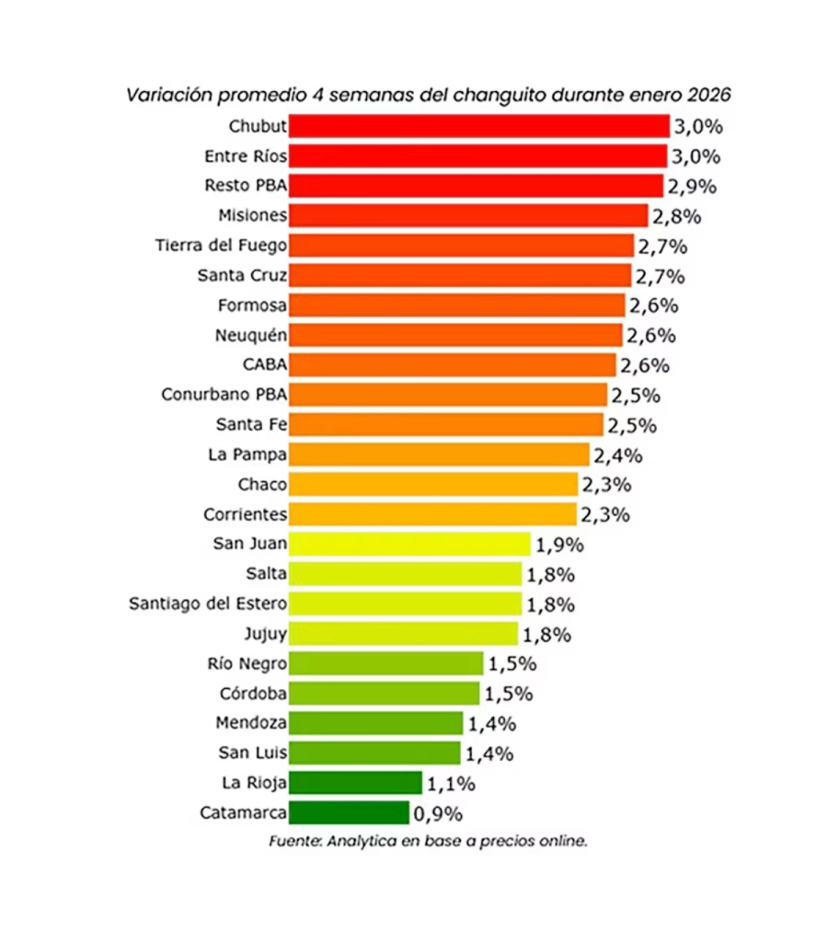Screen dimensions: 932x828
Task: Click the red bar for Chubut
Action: click(478, 126)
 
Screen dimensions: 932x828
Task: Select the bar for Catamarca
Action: click(349, 812)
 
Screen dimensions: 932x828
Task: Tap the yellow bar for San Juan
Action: click(409, 544)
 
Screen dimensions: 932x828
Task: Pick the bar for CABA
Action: click(452, 364)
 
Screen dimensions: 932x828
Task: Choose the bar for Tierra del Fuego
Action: click(461, 246)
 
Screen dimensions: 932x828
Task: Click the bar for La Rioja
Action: click(355, 783)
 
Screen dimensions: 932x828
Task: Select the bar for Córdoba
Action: click(384, 693)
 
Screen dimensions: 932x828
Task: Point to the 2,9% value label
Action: click(692, 187)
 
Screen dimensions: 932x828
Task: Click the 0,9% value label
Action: click(438, 813)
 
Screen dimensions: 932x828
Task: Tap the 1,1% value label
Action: click(451, 784)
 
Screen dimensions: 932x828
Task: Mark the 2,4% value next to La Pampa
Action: click(618, 454)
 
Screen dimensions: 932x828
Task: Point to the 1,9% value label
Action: click(559, 545)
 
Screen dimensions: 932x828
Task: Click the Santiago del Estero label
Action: click(208, 604)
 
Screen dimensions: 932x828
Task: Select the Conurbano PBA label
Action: click(224, 395)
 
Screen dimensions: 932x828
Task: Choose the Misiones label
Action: click(253, 215)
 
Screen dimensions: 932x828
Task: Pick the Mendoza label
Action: click(251, 723)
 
